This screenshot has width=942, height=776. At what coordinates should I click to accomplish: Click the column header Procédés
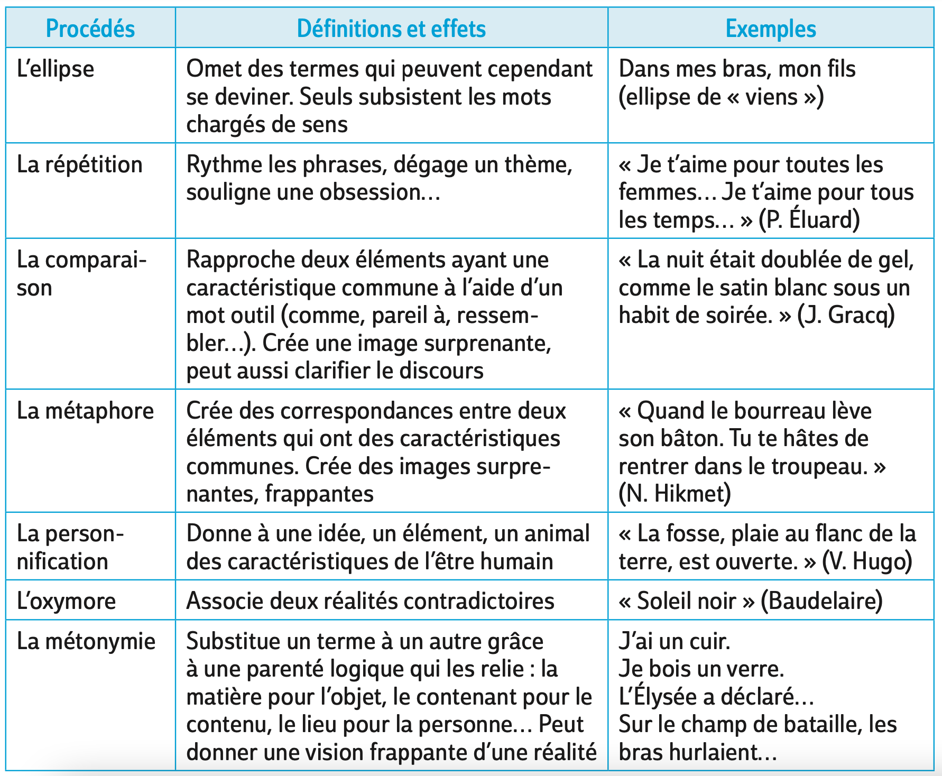[90, 29]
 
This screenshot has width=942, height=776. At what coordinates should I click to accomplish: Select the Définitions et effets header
[391, 29]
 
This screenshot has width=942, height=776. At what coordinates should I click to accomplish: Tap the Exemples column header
[771, 29]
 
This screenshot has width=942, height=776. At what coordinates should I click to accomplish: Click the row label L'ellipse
[56, 69]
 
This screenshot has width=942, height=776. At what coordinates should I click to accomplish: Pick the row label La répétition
[80, 165]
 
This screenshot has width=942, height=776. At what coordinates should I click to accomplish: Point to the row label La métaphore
[85, 411]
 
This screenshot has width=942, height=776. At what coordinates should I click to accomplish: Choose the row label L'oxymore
[66, 602]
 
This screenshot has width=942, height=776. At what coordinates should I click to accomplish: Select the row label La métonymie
[86, 642]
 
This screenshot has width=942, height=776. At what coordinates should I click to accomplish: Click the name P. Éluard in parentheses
[809, 220]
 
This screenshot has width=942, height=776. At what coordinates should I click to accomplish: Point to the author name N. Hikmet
[675, 494]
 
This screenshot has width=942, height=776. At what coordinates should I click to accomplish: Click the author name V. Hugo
[867, 561]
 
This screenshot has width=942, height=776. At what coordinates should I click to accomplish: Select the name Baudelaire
[821, 602]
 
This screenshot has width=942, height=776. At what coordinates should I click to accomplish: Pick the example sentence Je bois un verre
[701, 669]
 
